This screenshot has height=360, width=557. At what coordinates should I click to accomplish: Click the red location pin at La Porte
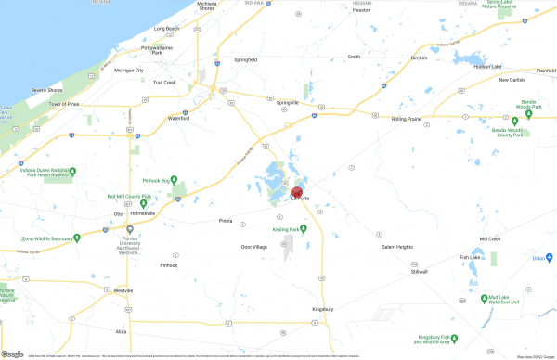[x=297, y=191]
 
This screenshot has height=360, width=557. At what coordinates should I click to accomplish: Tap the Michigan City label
[x=128, y=70]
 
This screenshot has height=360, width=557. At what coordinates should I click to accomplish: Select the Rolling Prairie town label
[x=408, y=119]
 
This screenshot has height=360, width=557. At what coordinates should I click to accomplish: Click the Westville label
[x=110, y=291]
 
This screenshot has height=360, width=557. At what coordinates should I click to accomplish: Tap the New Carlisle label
[x=512, y=80]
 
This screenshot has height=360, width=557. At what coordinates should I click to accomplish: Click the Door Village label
[x=253, y=247]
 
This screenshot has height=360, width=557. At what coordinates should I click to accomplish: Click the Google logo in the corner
[x=12, y=354]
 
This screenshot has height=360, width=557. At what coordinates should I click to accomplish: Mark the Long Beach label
[x=165, y=29]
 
